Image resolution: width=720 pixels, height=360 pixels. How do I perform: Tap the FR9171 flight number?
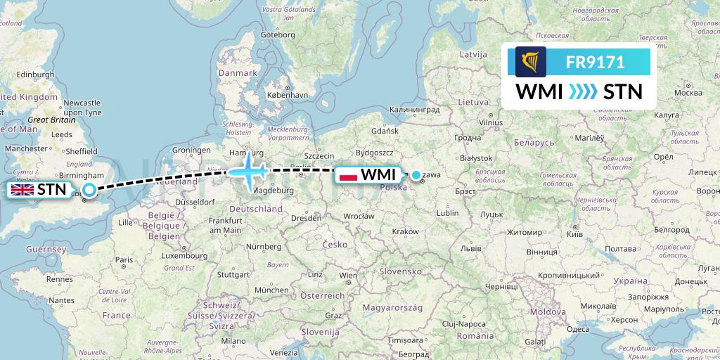pos(595,62)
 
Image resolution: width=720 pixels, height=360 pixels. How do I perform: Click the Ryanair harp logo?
pos(530,62)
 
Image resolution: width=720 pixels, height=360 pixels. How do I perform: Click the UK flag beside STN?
pos(22,189)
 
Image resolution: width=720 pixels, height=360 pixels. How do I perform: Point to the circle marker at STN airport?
pos(89,189)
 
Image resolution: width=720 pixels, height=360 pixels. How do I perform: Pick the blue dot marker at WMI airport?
pos(416,175)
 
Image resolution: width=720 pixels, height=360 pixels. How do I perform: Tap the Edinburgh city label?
pos(36,75)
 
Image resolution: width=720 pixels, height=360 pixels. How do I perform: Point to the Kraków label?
pos(406,231)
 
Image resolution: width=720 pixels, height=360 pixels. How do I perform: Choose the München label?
pos(271,290)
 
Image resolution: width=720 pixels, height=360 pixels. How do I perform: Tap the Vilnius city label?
pos(491,122)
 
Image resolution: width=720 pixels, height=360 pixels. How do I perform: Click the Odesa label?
pos(578,329)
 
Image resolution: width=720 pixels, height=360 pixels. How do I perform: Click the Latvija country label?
pos(472,54)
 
